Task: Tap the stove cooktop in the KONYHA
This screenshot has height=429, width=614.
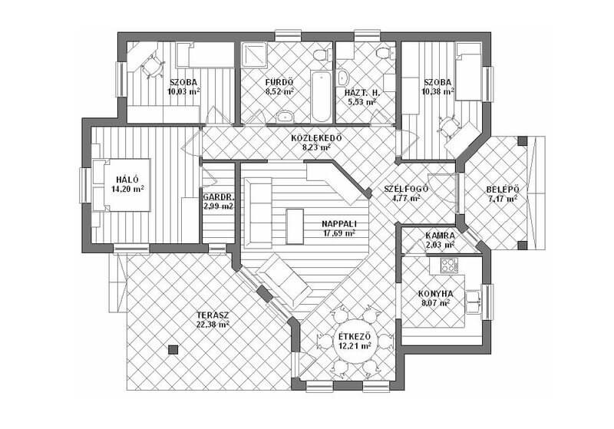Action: point(450,266)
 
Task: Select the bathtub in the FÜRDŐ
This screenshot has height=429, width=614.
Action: point(321,96)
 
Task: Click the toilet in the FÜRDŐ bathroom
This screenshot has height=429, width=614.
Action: point(321,54)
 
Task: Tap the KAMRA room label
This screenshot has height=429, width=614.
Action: point(440,236)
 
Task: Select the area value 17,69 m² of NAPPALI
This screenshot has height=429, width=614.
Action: point(339,233)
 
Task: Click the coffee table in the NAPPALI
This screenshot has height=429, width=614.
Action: point(295,226)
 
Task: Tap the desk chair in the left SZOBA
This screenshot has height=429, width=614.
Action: point(150,66)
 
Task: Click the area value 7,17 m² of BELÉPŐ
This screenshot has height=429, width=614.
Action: point(503,199)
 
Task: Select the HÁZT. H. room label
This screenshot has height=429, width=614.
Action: point(362,93)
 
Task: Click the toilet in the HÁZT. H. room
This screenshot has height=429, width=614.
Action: point(383,53)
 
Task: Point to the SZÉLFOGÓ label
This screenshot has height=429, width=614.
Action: point(406,189)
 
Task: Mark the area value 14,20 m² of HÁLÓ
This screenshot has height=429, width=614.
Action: point(127,189)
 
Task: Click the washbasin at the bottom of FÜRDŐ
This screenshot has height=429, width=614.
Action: point(286,116)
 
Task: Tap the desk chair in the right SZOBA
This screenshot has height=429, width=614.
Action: point(449,126)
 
